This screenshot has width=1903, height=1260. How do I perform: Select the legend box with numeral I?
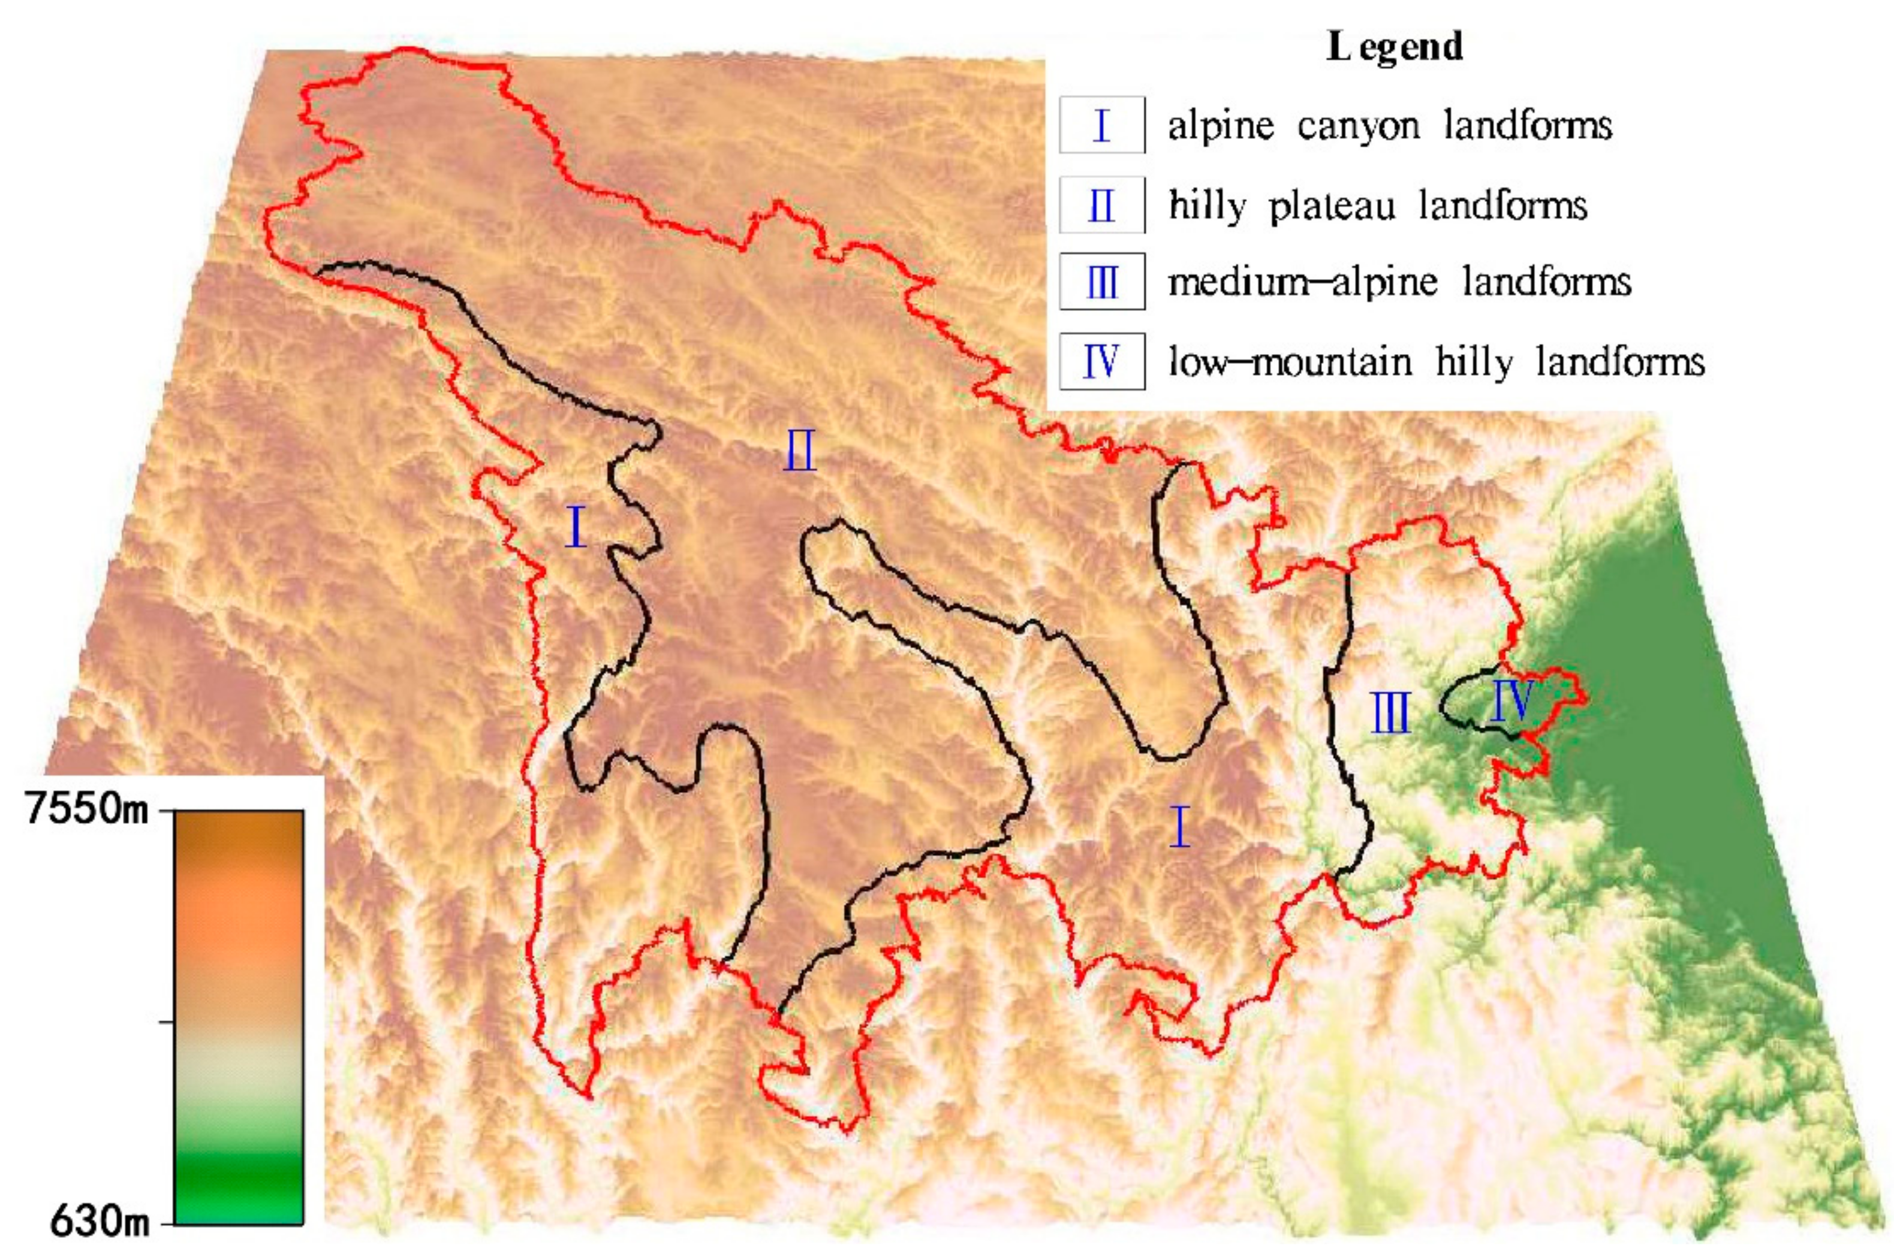pos(1101,125)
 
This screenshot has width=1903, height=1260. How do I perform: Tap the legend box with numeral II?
pos(1101,205)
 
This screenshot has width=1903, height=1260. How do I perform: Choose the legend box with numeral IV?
pos(1101,362)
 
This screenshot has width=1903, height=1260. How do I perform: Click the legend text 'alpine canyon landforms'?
pos(1389,126)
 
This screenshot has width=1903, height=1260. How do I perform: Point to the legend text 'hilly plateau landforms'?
pos(1377,206)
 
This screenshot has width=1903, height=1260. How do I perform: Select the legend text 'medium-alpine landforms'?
pos(1399,282)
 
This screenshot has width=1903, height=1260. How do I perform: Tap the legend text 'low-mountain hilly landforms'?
pos(1436,362)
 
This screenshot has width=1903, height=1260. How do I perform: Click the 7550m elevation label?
pos(88,809)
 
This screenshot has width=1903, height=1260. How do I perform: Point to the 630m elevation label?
pos(99,1222)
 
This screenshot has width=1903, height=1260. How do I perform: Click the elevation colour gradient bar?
pos(238,1017)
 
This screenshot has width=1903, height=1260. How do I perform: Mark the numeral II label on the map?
pos(800,450)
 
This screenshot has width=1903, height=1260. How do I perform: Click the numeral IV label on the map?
pos(1511,699)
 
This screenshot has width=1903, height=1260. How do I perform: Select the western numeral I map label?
pos(575,527)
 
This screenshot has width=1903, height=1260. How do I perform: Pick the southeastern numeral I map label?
pos(1179,827)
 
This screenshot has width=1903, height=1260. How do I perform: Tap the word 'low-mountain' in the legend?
pos(1290,362)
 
